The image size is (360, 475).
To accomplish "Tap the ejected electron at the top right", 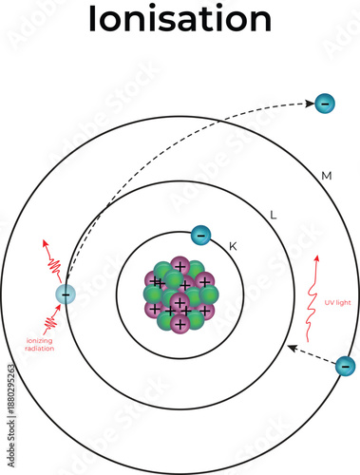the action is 325,102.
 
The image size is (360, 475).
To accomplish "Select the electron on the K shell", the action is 199,236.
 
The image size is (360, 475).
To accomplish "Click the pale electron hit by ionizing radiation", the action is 65,294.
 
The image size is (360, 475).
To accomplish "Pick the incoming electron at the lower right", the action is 345,365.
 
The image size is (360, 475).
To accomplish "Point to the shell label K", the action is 233,247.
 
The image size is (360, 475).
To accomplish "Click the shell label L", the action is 274,216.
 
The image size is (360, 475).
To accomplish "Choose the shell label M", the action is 326,176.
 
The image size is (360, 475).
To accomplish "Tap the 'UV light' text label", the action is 337,302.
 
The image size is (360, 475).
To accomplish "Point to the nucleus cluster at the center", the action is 180,293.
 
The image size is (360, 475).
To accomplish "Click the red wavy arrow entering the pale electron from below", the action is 51,320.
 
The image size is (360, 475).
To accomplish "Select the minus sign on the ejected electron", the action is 325,102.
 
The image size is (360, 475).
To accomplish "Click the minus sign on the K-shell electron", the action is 199,236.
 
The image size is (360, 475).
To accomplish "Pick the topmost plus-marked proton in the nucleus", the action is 179,267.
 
